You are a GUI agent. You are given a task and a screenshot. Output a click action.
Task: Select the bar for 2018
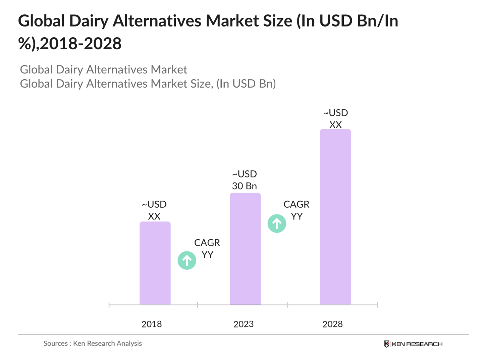tap(155, 263)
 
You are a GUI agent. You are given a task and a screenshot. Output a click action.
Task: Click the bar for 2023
tap(245, 249)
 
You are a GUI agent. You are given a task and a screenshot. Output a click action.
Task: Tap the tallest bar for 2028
tap(335, 217)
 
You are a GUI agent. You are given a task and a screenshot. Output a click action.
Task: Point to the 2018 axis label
tap(152, 324)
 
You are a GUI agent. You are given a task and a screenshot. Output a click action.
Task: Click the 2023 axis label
tap(244, 324)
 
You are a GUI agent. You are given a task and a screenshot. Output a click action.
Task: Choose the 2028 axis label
tap(332, 324)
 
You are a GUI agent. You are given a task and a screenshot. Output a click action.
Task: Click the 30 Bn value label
tap(244, 186)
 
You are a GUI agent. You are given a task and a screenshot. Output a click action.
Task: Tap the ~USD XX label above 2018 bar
tap(154, 210)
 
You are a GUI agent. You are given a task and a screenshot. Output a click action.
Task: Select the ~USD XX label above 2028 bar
tap(335, 119)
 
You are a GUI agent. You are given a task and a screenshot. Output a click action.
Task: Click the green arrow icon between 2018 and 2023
tap(187, 260)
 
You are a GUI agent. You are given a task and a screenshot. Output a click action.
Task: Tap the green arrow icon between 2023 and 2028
tap(277, 223)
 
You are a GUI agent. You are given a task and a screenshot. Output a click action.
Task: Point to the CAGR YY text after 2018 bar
tap(207, 249)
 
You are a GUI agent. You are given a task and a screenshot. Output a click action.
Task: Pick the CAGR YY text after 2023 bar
tap(297, 210)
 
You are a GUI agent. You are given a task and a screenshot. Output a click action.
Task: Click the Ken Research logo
tap(413, 344)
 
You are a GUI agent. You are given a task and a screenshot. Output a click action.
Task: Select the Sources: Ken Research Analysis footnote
tap(93, 343)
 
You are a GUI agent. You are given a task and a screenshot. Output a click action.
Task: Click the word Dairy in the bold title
tap(89, 21)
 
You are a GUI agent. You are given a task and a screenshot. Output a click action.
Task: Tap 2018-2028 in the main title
tap(81, 44)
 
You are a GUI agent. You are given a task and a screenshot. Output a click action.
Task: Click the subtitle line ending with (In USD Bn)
tap(148, 84)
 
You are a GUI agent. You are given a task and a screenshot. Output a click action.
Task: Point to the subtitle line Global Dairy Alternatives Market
tap(104, 69)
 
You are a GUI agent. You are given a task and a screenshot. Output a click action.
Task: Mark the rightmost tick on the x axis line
tap(377, 305)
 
